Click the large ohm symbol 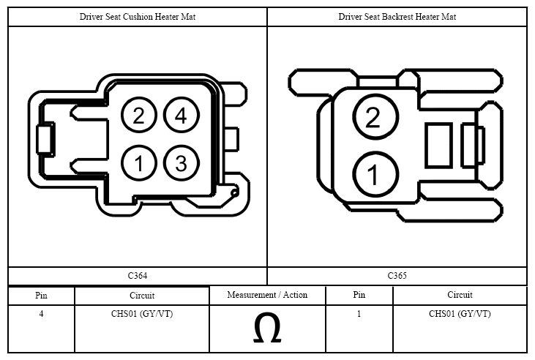click(267, 328)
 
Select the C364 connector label click(138, 276)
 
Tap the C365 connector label click(397, 276)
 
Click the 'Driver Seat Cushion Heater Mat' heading click(138, 17)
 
